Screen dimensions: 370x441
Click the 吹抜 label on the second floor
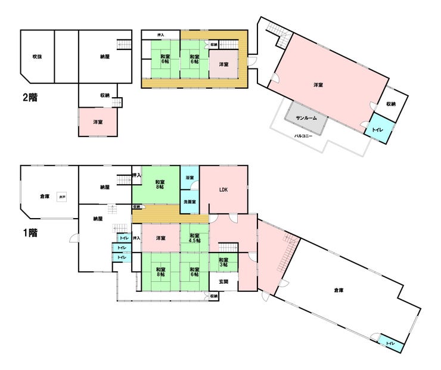tap(37, 57)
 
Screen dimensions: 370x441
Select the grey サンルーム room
tap(306, 118)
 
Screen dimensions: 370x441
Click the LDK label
tap(223, 190)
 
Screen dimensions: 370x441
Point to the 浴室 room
tap(189, 177)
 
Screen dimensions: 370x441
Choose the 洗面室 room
tap(189, 202)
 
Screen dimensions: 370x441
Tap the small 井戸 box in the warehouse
tap(62, 196)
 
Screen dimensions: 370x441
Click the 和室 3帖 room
tap(223, 262)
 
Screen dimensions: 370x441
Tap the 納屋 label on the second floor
tap(105, 57)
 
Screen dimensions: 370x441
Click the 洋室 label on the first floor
tap(160, 238)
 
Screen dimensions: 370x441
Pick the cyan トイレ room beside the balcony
tap(377, 130)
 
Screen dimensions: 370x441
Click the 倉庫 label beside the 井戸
tap(45, 196)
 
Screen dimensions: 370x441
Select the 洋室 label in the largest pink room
tap(319, 85)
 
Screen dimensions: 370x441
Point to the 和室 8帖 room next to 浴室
tap(160, 185)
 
